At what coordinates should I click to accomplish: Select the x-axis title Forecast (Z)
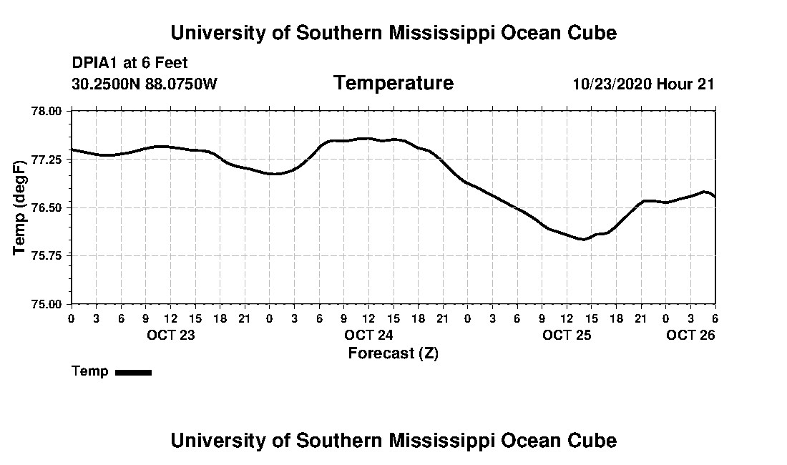click(393, 353)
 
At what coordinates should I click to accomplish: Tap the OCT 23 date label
click(170, 335)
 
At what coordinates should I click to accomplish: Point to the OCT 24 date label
click(368, 335)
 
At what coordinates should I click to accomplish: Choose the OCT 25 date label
click(567, 335)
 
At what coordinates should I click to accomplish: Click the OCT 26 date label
click(690, 335)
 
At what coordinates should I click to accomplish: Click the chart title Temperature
click(393, 83)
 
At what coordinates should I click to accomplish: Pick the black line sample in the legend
click(133, 372)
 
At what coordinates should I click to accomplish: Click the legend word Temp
click(90, 371)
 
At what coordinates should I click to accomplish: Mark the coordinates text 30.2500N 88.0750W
click(145, 84)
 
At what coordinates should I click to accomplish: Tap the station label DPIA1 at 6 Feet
click(129, 64)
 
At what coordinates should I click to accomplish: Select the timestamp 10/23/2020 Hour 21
click(643, 84)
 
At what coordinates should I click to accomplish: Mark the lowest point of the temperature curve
click(583, 239)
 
